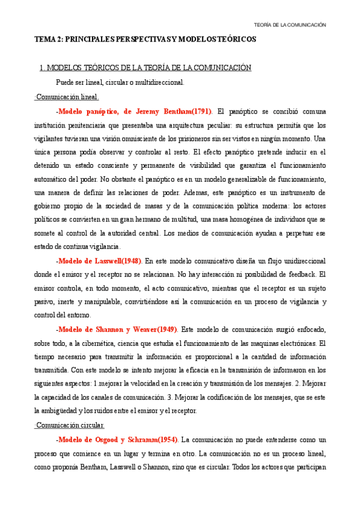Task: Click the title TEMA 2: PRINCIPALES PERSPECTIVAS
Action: (x=145, y=39)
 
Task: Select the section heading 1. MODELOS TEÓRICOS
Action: (x=145, y=68)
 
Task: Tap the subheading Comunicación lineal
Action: (x=67, y=97)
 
